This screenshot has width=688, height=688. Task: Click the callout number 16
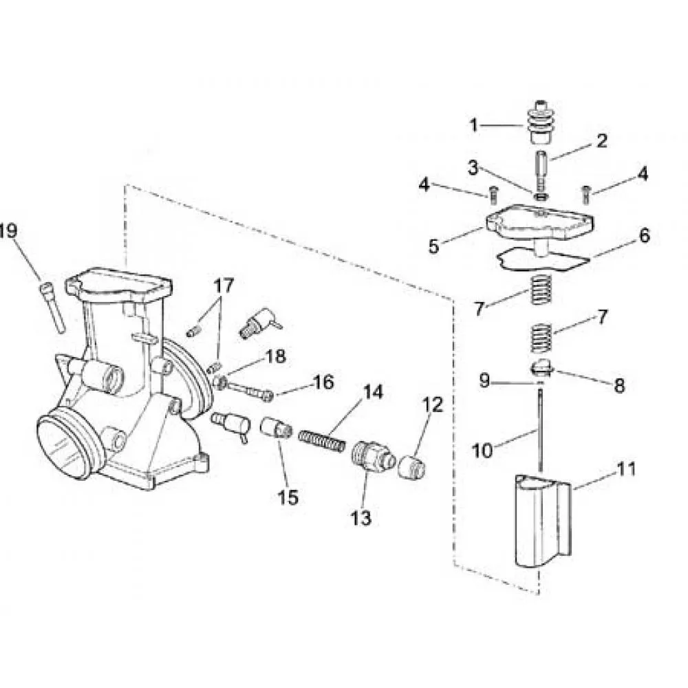(323, 383)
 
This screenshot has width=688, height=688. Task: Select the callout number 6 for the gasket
(643, 237)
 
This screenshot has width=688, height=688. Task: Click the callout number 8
(619, 386)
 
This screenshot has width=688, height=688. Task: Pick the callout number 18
(275, 357)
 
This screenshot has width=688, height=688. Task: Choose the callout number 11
(626, 470)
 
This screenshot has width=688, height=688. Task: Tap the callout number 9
(484, 380)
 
